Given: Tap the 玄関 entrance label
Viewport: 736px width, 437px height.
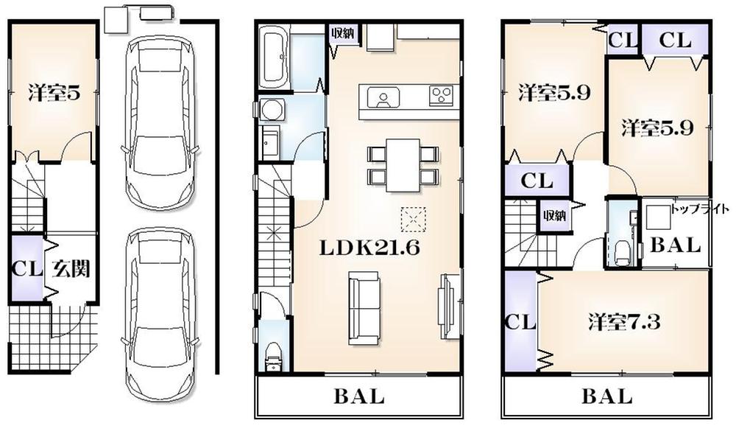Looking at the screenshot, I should click(x=71, y=269).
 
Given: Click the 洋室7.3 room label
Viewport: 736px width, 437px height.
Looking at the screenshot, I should click(x=624, y=322).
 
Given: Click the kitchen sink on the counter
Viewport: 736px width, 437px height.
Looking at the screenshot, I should click(x=383, y=97).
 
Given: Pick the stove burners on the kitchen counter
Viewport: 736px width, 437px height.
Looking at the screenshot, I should click(x=442, y=95).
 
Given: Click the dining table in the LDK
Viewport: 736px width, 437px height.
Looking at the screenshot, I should click(x=403, y=164).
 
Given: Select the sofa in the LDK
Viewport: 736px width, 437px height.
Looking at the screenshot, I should click(x=364, y=308).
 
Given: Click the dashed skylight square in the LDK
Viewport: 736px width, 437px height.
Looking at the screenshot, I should click(x=413, y=219).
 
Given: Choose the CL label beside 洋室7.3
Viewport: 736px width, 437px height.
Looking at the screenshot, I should click(x=519, y=322).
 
